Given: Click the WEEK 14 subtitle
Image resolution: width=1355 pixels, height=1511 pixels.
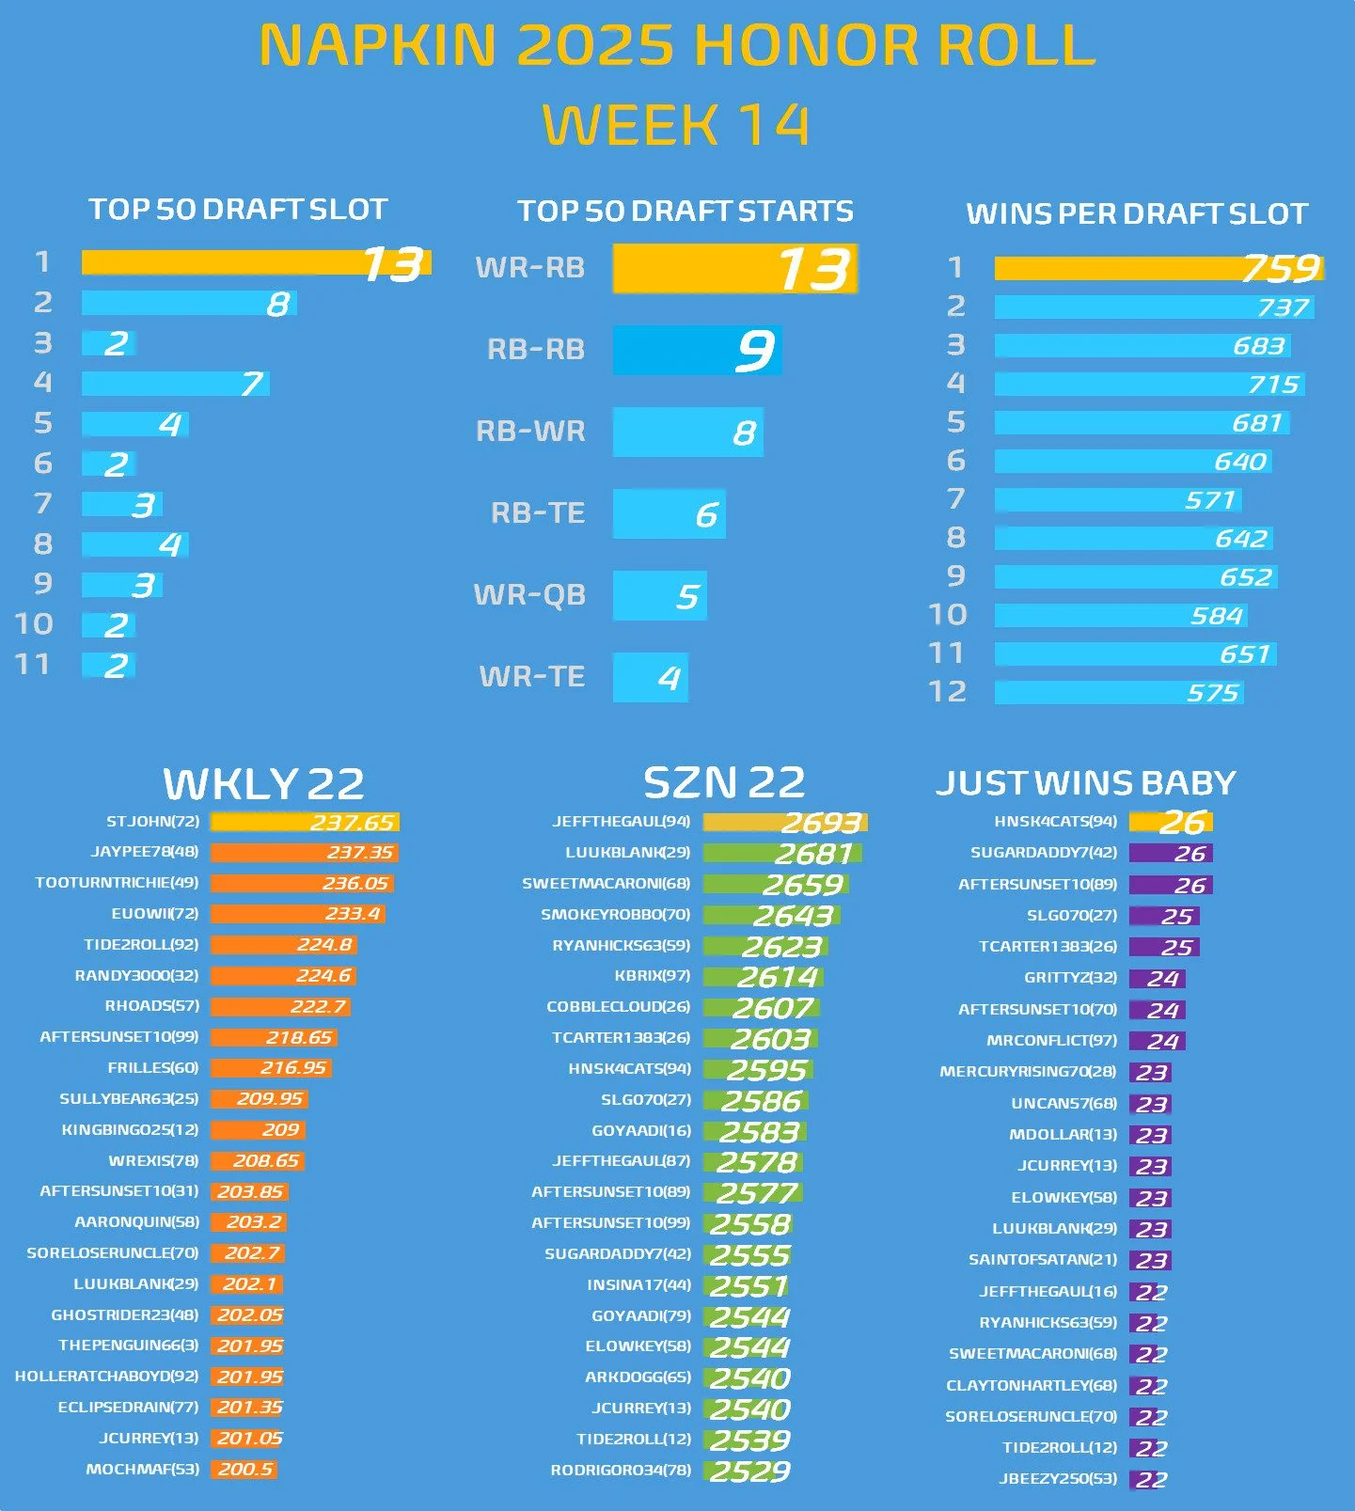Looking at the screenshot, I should coord(675,125).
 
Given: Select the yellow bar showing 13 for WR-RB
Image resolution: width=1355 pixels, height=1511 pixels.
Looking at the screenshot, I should coord(734,269).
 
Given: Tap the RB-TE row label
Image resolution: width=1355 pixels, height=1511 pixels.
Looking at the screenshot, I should coord(537,513).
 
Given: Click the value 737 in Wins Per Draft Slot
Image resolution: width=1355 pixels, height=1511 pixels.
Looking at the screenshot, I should coord(1282,307).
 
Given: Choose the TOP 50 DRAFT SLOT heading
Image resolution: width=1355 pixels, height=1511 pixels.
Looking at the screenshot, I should coord(238,209).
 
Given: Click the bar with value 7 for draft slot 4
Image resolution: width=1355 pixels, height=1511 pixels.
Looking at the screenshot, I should coord(175,383).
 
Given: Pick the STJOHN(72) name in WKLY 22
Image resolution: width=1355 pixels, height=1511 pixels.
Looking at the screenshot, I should coord(152,822).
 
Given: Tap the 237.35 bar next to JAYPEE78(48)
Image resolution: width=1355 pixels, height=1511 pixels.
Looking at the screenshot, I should coord(304,853).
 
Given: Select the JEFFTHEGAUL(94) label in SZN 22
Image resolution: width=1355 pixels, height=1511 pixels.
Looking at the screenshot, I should coord(621,822).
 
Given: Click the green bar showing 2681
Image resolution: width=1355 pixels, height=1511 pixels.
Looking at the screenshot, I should coord(782,854).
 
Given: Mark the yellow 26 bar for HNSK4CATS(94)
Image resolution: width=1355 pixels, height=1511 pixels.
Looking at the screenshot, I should coord(1171,822).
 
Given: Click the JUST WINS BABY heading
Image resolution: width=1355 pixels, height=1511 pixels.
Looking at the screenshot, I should coord(1085,782).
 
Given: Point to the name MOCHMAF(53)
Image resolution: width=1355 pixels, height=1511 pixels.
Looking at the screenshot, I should coord(142,1469).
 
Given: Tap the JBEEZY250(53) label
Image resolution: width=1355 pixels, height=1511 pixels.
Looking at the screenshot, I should coord(1058,1479).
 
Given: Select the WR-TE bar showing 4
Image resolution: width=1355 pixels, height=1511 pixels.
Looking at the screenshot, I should coord(650,677).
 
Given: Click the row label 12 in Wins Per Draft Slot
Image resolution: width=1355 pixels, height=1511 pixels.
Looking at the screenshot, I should coord(947,692).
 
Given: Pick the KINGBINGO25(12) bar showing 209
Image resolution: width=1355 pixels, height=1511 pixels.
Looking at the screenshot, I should coord(259,1130).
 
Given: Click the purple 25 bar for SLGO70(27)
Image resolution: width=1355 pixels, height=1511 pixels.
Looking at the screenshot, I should coord(1163,916).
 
